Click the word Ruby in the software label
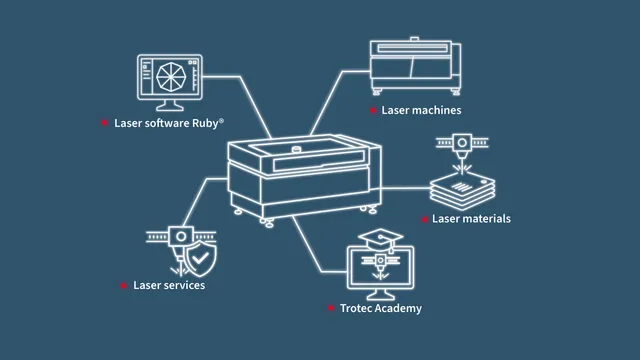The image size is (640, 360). click(205, 123)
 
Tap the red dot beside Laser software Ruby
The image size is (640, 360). click(104, 122)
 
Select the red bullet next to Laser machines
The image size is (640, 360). click(373, 110)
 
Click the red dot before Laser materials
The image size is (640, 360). click(424, 219)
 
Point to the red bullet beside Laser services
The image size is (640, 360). click(123, 285)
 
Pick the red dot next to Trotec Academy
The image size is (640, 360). click(331, 308)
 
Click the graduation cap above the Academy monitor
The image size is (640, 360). click(380, 239)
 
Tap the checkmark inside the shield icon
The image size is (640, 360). click(200, 258)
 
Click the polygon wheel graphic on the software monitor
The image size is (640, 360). click(171, 77)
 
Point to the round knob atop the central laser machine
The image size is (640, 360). click(296, 149)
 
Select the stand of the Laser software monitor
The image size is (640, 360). click(170, 105)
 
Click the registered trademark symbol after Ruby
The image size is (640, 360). click(221, 120)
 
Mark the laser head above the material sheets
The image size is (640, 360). click(462, 147)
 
